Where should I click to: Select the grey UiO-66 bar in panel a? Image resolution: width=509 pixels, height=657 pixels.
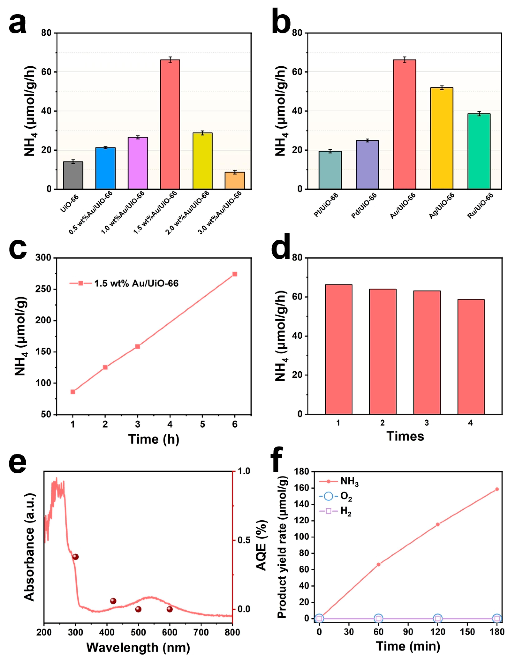tap(73, 175)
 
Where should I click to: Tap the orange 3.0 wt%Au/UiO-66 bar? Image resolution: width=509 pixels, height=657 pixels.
tap(235, 180)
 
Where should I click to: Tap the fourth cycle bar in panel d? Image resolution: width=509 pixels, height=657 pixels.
tap(471, 357)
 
